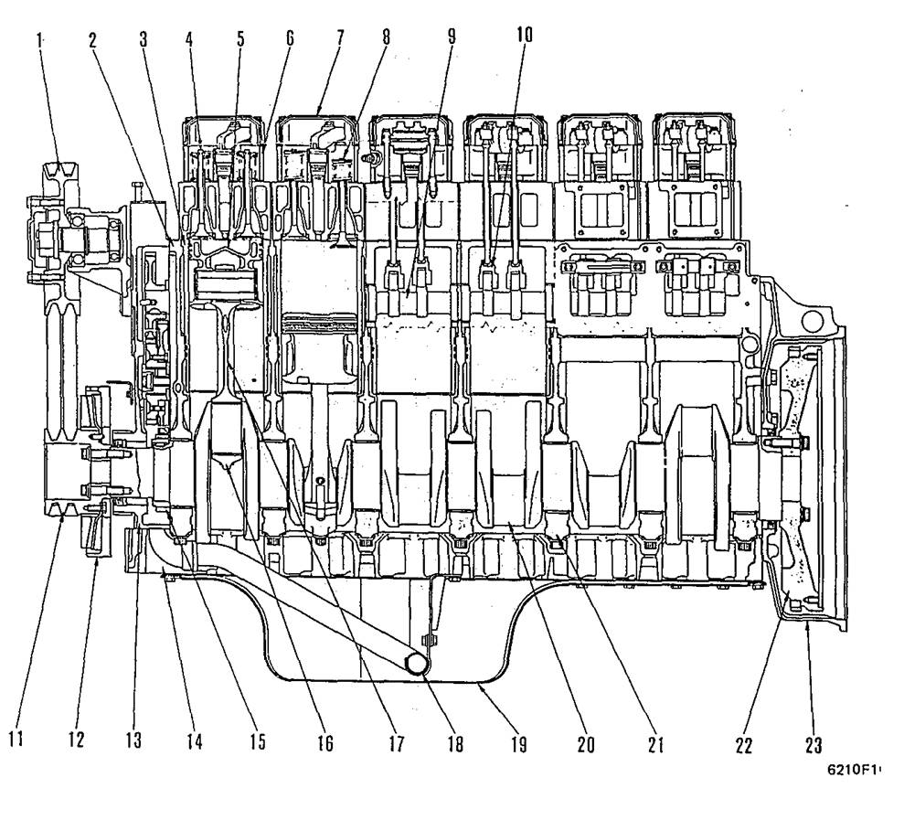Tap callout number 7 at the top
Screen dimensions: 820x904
[x=338, y=39]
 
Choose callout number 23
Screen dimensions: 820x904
[x=813, y=745]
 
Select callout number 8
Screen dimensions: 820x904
[x=386, y=39]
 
